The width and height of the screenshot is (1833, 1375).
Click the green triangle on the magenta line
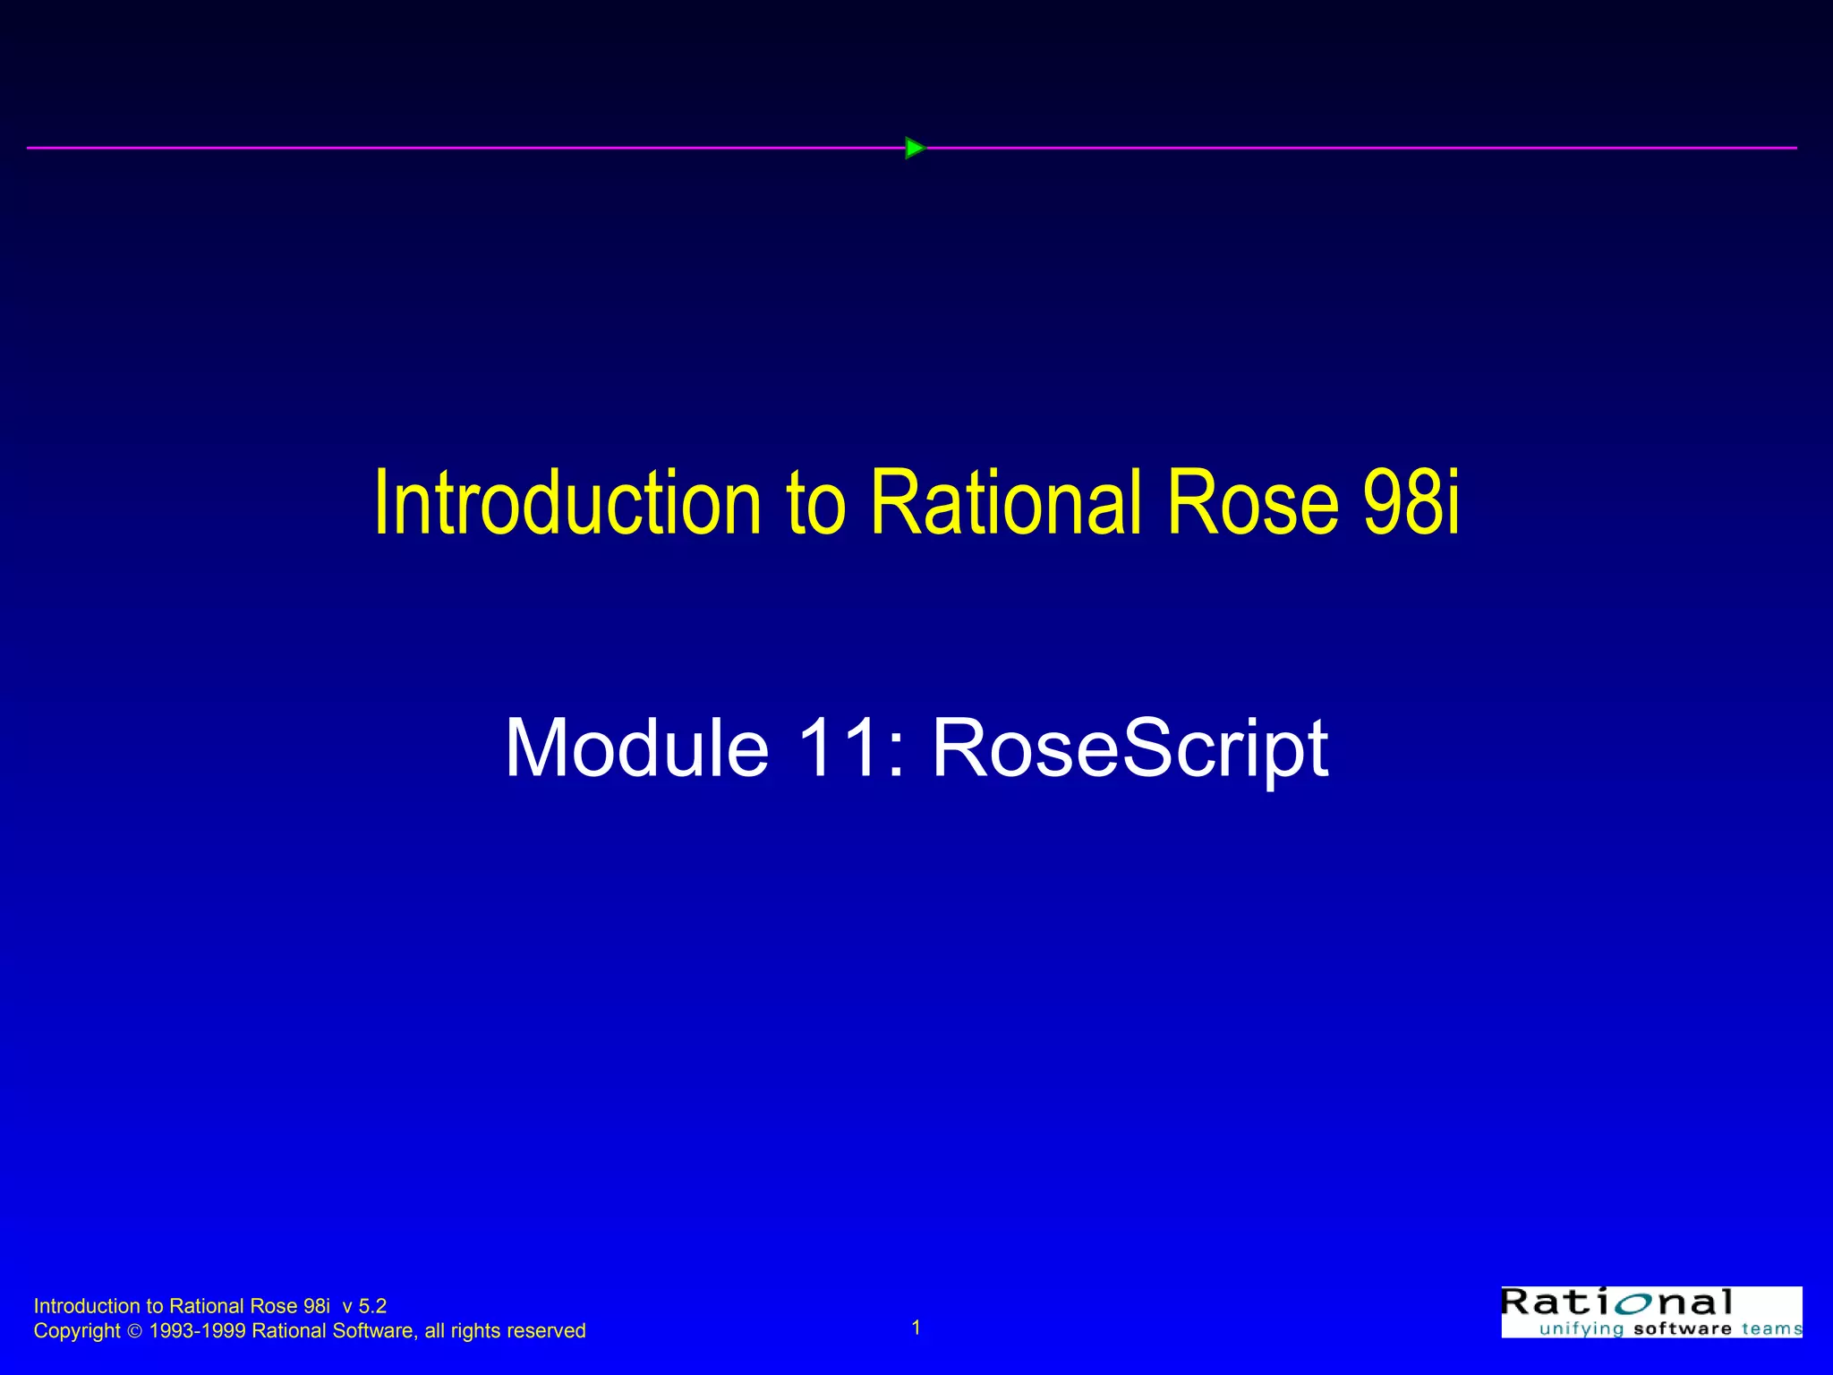pyautogui.click(x=914, y=148)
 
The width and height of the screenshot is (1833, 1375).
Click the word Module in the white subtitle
pyautogui.click(x=636, y=748)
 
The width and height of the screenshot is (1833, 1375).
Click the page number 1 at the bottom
pyautogui.click(x=916, y=1328)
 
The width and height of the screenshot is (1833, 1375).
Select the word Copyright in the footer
pyautogui.click(x=76, y=1331)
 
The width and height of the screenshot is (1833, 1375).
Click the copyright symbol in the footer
pyautogui.click(x=134, y=1332)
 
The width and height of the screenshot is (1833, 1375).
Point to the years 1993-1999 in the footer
pyautogui.click(x=197, y=1331)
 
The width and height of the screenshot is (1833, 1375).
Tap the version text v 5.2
pyautogui.click(x=364, y=1306)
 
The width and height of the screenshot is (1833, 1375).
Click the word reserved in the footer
pyautogui.click(x=547, y=1331)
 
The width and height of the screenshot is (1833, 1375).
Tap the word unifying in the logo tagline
pyautogui.click(x=1581, y=1328)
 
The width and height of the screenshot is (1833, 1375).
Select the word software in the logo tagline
pyautogui.click(x=1683, y=1328)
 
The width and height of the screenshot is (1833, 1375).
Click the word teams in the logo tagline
pyautogui.click(x=1771, y=1328)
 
